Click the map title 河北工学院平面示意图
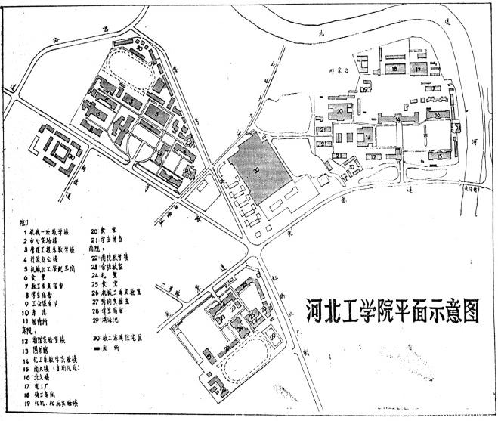[x=385, y=310]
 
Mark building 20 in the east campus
[x=340, y=112]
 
